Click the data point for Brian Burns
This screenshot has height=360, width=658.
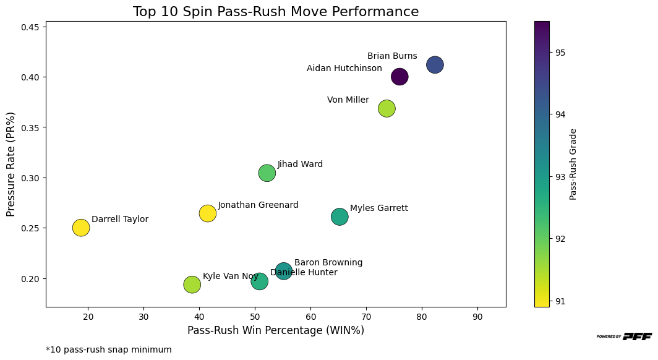435,64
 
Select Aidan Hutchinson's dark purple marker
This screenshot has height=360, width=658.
399,77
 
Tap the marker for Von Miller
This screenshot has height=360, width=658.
387,108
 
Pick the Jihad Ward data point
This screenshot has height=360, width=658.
267,173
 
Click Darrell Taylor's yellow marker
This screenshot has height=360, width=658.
81,228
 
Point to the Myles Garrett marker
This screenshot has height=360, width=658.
340,216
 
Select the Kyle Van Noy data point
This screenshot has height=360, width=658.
192,285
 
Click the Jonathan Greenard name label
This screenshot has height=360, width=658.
258,205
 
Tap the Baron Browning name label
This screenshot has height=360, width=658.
328,263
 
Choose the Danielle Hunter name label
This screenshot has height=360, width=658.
304,273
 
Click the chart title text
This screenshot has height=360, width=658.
276,12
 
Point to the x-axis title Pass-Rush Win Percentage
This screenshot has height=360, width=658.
276,330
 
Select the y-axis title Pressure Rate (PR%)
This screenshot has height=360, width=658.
11,165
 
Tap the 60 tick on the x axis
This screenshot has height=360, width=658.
310,317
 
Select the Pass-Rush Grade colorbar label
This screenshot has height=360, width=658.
573,164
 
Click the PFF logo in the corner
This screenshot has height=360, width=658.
624,336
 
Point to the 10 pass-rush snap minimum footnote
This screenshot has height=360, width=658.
109,349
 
